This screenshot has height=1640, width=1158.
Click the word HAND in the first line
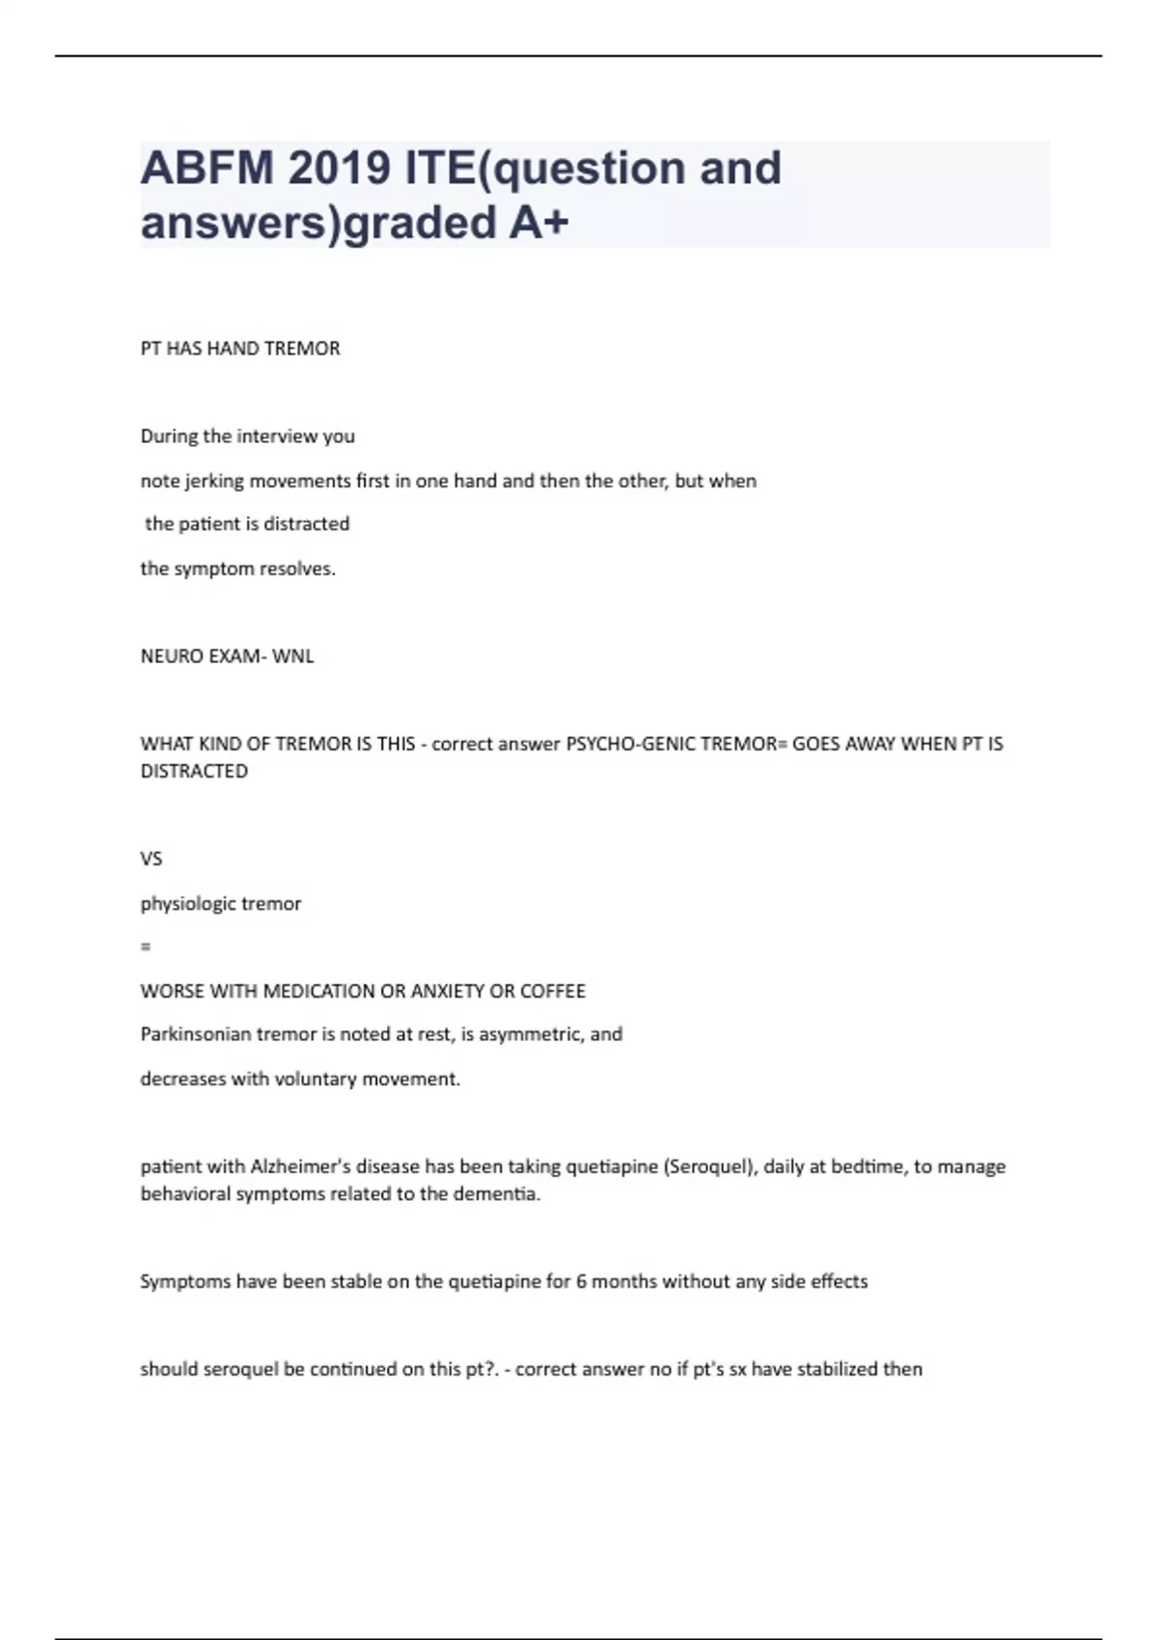(232, 348)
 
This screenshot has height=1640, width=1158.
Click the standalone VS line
(152, 859)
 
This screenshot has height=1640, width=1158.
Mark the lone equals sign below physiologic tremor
(146, 947)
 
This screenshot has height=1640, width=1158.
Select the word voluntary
(316, 1079)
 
